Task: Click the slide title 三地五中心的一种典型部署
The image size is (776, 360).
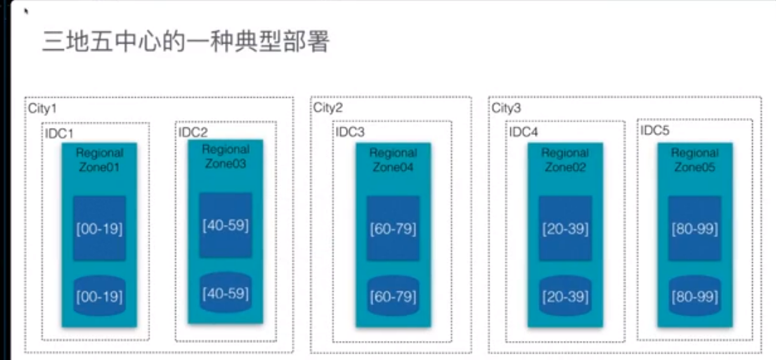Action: (186, 43)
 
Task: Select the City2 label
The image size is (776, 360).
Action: (328, 108)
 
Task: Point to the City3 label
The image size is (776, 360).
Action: (506, 108)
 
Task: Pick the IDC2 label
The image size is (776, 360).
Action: (193, 132)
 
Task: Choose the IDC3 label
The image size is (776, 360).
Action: (351, 132)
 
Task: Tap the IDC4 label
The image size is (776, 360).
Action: (524, 132)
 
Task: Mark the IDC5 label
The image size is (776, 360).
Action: (655, 131)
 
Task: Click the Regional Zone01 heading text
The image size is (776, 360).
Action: (99, 160)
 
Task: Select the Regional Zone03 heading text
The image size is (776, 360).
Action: (226, 157)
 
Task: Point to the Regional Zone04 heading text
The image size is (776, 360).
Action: (393, 160)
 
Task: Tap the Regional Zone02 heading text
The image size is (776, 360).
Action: (565, 160)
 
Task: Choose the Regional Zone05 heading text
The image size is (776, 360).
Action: (694, 160)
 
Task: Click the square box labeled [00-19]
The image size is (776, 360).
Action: (99, 229)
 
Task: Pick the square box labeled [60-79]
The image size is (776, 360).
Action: (393, 229)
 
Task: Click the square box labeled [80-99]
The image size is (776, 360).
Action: (694, 229)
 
